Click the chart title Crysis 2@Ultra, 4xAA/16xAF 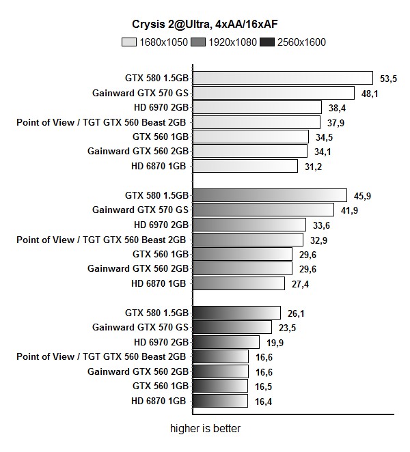[204, 25]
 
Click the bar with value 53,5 [283, 78]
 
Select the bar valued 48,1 [274, 93]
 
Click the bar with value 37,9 [257, 122]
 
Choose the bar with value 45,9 [270, 195]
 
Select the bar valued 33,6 [249, 225]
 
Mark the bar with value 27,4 [239, 283]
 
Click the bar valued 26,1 [237, 313]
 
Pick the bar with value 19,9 [226, 342]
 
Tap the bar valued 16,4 [221, 401]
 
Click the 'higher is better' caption [205, 429]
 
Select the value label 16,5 [264, 386]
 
